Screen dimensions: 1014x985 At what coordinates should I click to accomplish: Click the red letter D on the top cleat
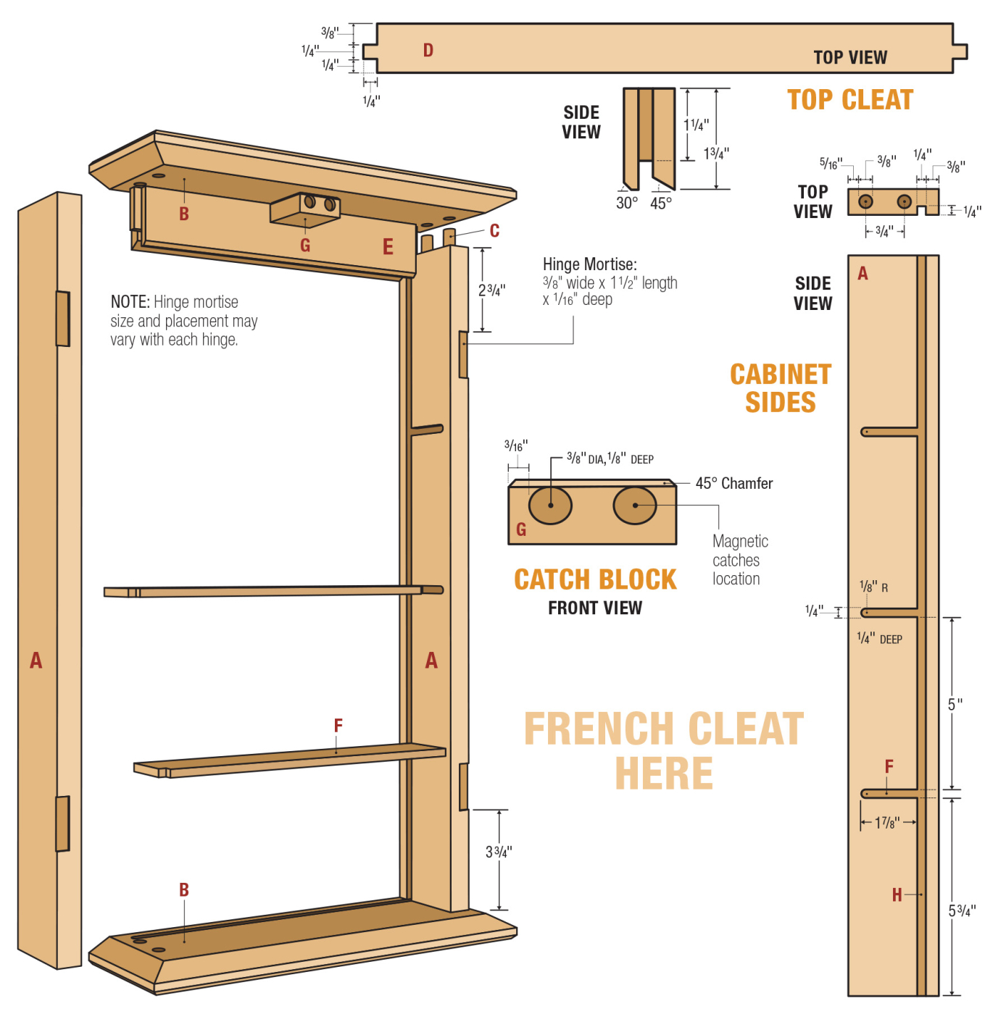coord(428,50)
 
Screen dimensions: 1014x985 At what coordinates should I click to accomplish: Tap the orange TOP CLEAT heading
coord(849,100)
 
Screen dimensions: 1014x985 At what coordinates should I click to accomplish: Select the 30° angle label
coord(627,204)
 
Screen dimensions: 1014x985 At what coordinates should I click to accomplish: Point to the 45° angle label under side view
coord(661,204)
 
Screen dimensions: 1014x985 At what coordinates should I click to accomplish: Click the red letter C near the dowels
coord(494,231)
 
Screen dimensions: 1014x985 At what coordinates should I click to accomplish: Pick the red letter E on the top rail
coord(388,248)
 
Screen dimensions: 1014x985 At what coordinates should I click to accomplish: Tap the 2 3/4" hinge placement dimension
coord(492,290)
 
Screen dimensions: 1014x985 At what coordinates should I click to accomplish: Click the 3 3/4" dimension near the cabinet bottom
coord(499,852)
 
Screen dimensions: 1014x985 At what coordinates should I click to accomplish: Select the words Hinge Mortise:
coord(589,264)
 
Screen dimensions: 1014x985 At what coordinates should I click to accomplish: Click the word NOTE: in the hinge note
coord(130,302)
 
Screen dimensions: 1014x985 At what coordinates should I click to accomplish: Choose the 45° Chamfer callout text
coord(733,483)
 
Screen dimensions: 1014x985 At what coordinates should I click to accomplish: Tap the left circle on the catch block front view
coord(550,505)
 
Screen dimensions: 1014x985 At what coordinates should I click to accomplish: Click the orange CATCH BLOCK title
coord(595,579)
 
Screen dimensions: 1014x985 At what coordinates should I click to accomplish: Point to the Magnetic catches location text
coord(739,560)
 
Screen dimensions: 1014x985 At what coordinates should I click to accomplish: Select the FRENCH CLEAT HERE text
coord(663,750)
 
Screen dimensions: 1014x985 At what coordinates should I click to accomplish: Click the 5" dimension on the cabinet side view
coord(955,704)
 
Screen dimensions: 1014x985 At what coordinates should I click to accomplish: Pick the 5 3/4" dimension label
coord(962,911)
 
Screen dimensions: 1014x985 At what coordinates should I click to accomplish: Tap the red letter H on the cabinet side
coord(897,895)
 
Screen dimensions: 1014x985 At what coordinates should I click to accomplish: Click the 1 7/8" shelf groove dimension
coord(887,823)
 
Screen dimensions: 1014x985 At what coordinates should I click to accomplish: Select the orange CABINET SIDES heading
coord(780,388)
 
